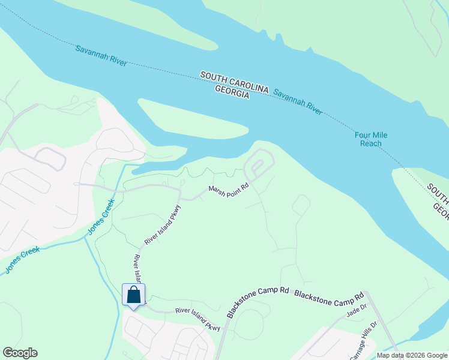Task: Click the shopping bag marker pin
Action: pos(133,295)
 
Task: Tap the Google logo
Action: pos(20,353)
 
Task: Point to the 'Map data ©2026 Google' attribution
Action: pos(412,355)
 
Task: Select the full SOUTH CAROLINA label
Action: pos(234,81)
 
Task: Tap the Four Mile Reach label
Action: pos(370,139)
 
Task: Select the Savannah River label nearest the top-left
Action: pos(101,55)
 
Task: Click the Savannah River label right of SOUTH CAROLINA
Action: pos(298,101)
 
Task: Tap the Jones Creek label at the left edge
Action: pos(22,259)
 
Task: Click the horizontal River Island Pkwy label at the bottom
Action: pos(198,319)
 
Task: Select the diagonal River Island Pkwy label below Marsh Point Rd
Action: pos(162,225)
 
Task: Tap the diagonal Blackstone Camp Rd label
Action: pos(258,302)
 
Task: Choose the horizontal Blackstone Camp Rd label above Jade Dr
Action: pos(330,296)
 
